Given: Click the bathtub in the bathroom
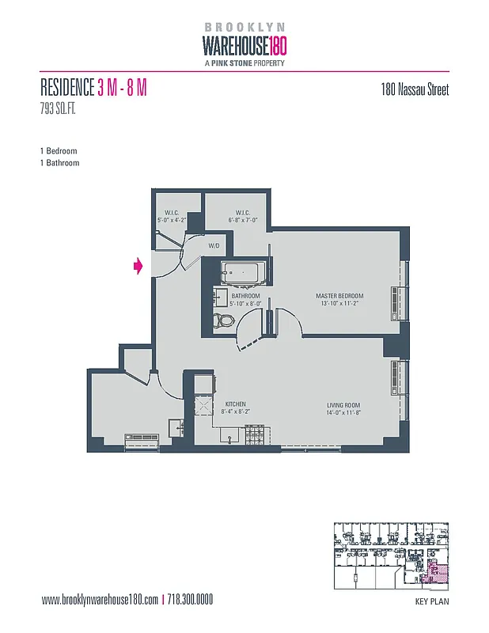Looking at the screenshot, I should pos(244,275).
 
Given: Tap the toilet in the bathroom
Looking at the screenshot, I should pos(225,321).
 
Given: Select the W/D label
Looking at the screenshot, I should pos(214,247).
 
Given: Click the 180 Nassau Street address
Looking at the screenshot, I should pos(415,89).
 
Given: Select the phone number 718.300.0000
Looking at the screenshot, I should pos(191,600).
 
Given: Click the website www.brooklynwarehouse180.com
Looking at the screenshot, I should pos(100,600).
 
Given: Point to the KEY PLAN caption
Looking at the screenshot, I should pos(431,602).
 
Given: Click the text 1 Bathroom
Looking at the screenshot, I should pos(59,163).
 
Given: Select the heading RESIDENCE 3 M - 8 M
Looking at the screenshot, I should pos(93,88).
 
